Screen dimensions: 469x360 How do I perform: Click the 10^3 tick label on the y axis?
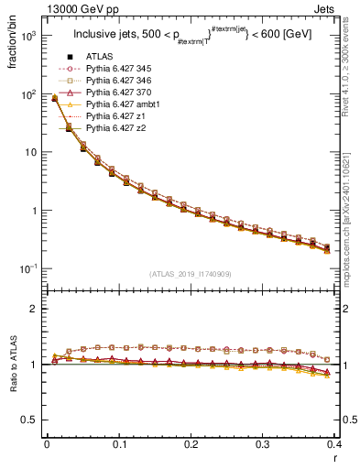tap(28, 37)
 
